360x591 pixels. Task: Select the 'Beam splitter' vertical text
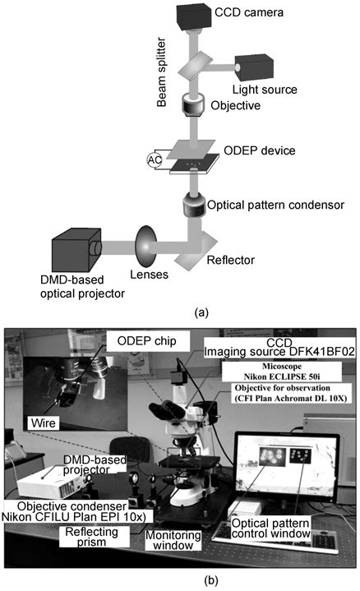(165, 69)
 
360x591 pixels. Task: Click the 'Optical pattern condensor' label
(275, 203)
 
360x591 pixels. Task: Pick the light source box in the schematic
(259, 66)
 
